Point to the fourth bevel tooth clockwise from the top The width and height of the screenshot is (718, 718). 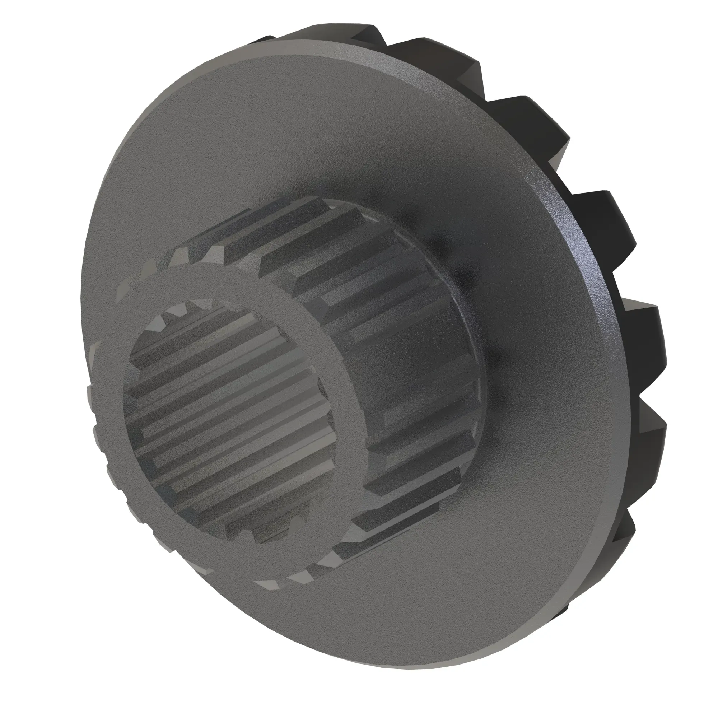595,208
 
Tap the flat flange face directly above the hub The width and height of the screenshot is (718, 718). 297,130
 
